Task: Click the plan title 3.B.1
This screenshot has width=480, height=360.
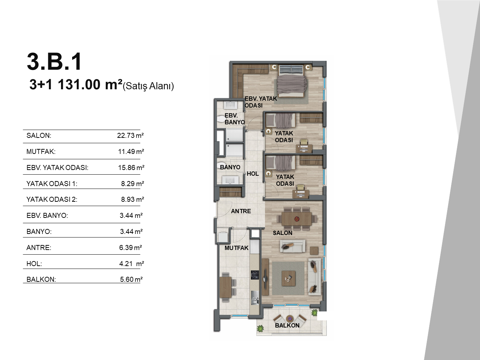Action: (x=54, y=62)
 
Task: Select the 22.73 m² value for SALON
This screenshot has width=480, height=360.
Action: (x=130, y=135)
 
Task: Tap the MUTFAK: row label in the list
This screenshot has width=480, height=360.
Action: (x=41, y=152)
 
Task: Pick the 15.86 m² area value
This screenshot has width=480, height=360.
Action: (x=131, y=167)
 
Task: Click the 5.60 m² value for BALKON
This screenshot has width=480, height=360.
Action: (x=131, y=279)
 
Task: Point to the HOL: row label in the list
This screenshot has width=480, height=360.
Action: (x=34, y=264)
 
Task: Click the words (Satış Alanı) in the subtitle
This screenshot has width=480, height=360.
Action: (x=149, y=86)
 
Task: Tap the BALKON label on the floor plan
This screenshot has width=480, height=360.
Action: (x=287, y=325)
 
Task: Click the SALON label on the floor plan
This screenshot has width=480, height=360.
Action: (x=282, y=233)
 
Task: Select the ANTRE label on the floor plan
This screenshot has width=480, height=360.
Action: (x=241, y=211)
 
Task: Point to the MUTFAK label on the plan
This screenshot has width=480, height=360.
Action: (x=236, y=248)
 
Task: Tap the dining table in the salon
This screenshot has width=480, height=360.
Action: (x=296, y=219)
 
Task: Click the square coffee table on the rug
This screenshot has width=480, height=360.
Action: (x=289, y=279)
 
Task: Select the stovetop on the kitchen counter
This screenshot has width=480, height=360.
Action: (x=255, y=275)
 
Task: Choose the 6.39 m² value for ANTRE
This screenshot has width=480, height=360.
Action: (x=131, y=247)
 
